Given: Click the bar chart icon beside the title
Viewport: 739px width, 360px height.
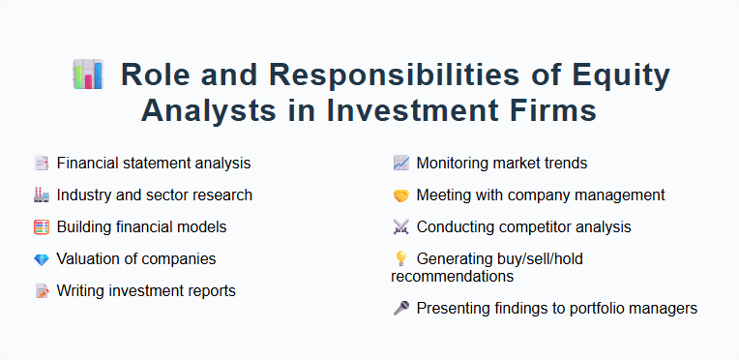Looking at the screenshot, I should pos(88,75).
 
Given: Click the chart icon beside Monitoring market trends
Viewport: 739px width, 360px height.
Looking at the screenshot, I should pos(400,163).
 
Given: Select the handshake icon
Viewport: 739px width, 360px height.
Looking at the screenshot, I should pos(400,195).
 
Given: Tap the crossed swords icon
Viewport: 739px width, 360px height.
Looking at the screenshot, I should pos(400,226).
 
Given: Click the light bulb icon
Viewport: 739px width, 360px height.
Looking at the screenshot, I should pos(400,258).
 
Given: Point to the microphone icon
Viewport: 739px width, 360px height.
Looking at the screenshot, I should pos(400,309).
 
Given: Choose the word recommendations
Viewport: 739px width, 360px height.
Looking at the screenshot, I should pos(452,277).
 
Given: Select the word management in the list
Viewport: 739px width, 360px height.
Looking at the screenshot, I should pos(621,195).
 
